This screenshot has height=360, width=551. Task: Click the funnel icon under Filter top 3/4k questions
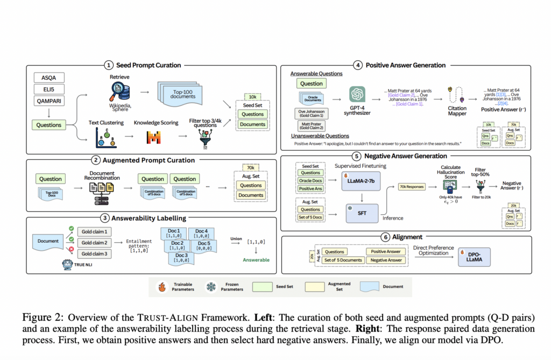[205, 138]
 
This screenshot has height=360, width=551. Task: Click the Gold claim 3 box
[95, 254]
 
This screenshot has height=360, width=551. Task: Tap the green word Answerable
[259, 260]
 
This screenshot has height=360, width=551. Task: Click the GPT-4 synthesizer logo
[357, 95]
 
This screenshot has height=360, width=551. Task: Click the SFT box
[362, 214]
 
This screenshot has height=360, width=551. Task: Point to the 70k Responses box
[411, 187]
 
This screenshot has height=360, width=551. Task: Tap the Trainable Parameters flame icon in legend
[161, 286]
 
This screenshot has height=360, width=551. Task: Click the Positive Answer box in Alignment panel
[386, 251]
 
